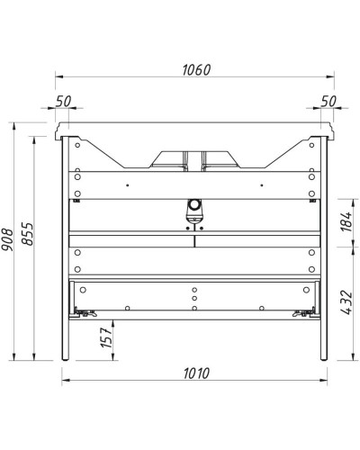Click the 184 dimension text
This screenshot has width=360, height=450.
coord(346,223)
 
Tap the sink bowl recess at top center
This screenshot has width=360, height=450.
coord(193,159)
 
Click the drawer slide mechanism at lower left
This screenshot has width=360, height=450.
coord(86,312)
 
